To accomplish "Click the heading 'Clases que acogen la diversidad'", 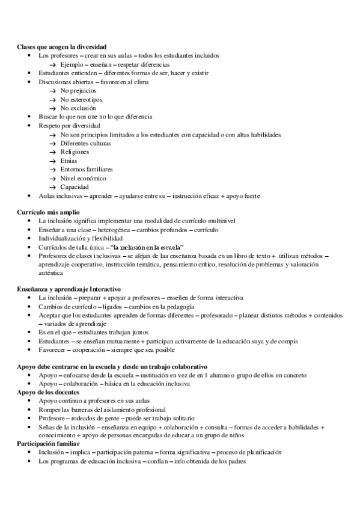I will click(x=61, y=46).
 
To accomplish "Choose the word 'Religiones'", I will click(x=75, y=152).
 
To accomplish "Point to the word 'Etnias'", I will click(x=69, y=161).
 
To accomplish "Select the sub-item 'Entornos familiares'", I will click(x=87, y=170).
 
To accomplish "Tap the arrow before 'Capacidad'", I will click(x=52, y=187).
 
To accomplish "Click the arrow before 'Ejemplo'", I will click(x=52, y=64).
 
